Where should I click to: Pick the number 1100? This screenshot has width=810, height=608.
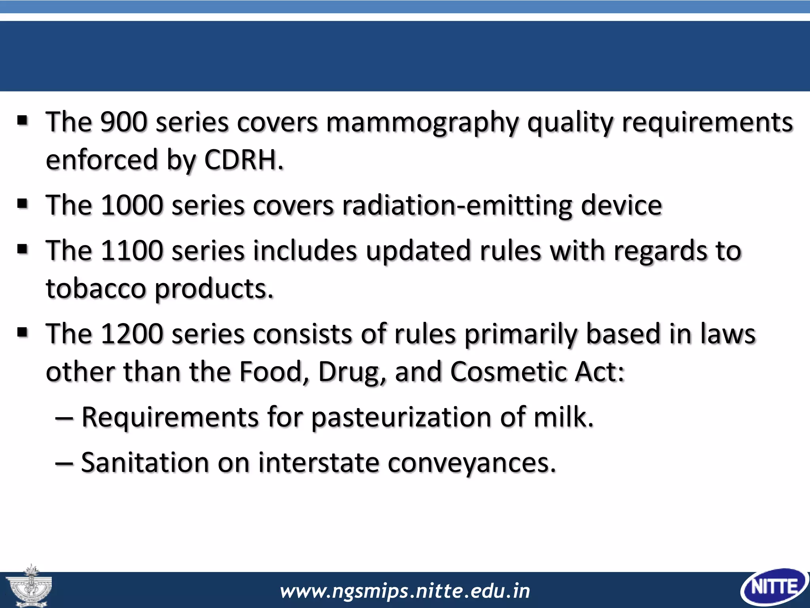click(x=132, y=251)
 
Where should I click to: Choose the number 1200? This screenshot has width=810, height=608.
click(x=132, y=334)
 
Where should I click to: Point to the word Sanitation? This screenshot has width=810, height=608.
click(x=145, y=462)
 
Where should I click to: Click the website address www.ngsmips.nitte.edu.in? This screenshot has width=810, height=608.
click(x=405, y=591)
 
